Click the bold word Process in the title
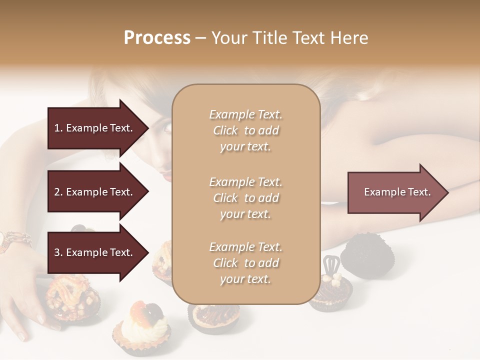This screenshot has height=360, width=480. pyautogui.click(x=157, y=38)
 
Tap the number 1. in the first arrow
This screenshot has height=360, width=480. pyautogui.click(x=58, y=128)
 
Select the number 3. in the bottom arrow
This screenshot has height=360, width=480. pyautogui.click(x=58, y=252)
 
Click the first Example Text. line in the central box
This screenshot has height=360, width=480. pyautogui.click(x=245, y=114)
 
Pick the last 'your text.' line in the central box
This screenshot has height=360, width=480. pyautogui.click(x=245, y=279)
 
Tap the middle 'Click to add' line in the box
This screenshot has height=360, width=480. pyautogui.click(x=245, y=198)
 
